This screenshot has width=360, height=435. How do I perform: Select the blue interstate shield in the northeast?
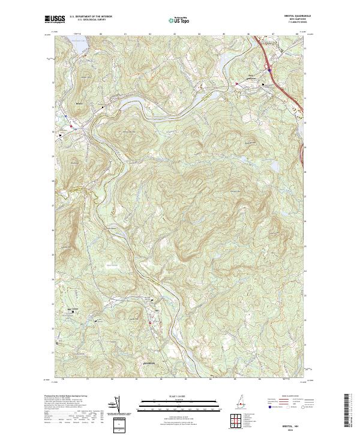[x=269, y=70]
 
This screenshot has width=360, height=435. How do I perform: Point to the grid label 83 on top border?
[x=174, y=34]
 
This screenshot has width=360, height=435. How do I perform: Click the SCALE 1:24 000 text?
[x=173, y=395]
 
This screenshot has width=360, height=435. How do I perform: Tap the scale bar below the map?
[x=173, y=404]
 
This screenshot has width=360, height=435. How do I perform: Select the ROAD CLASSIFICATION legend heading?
[x=283, y=396]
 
